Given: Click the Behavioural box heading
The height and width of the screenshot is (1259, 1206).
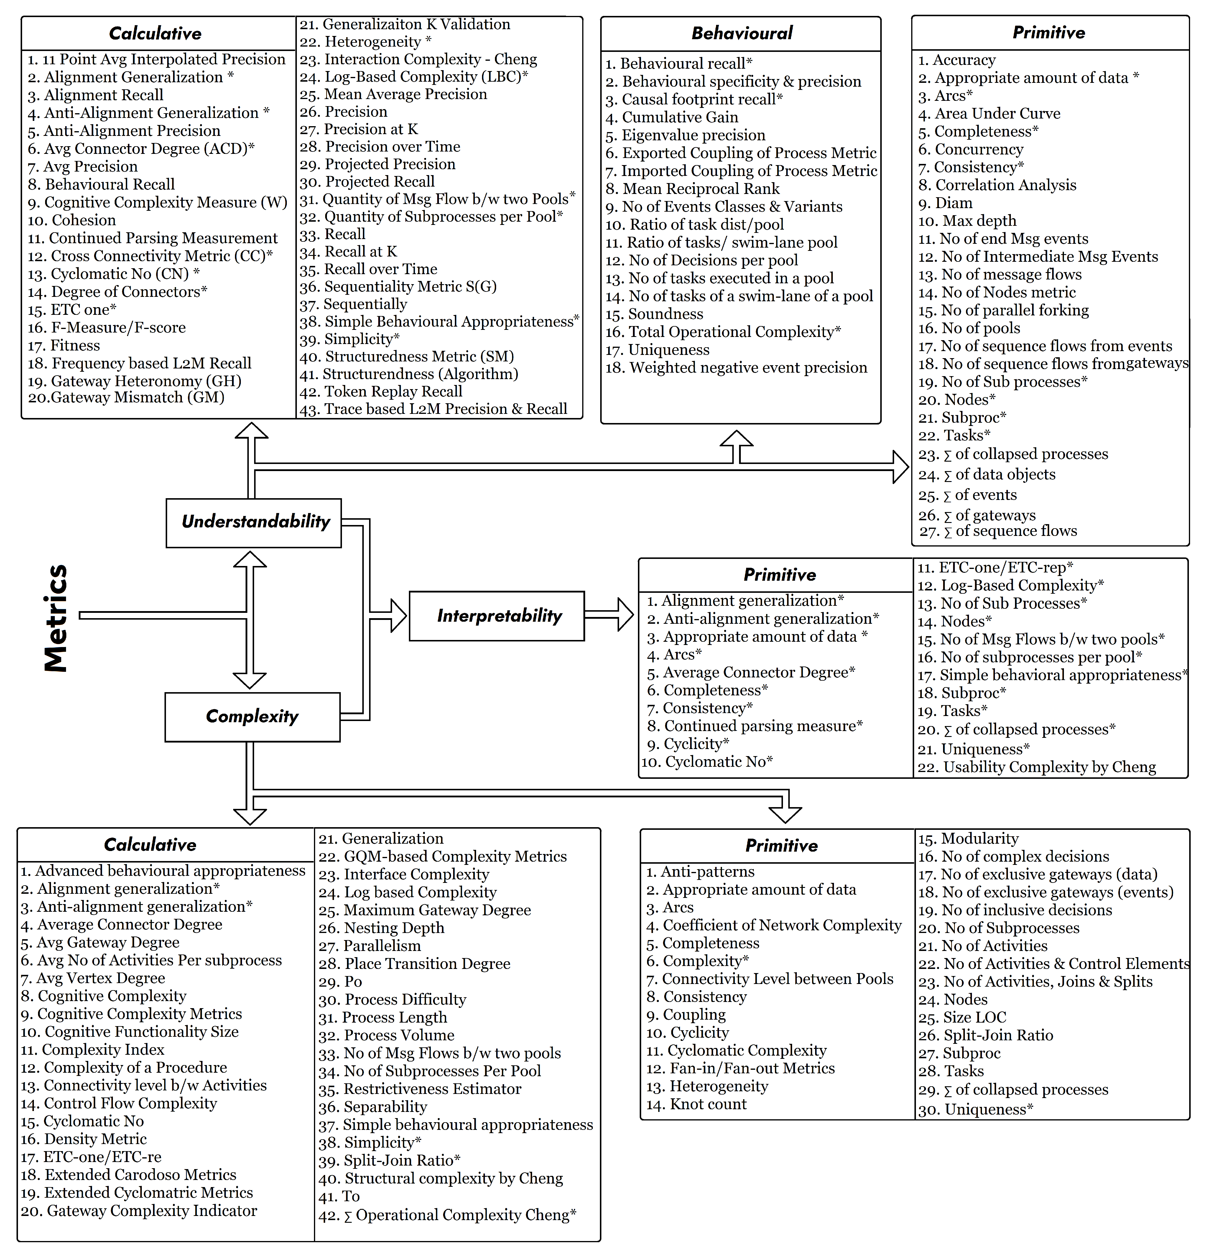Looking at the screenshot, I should [x=741, y=33].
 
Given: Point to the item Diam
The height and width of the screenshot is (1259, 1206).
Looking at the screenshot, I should [x=953, y=203].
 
